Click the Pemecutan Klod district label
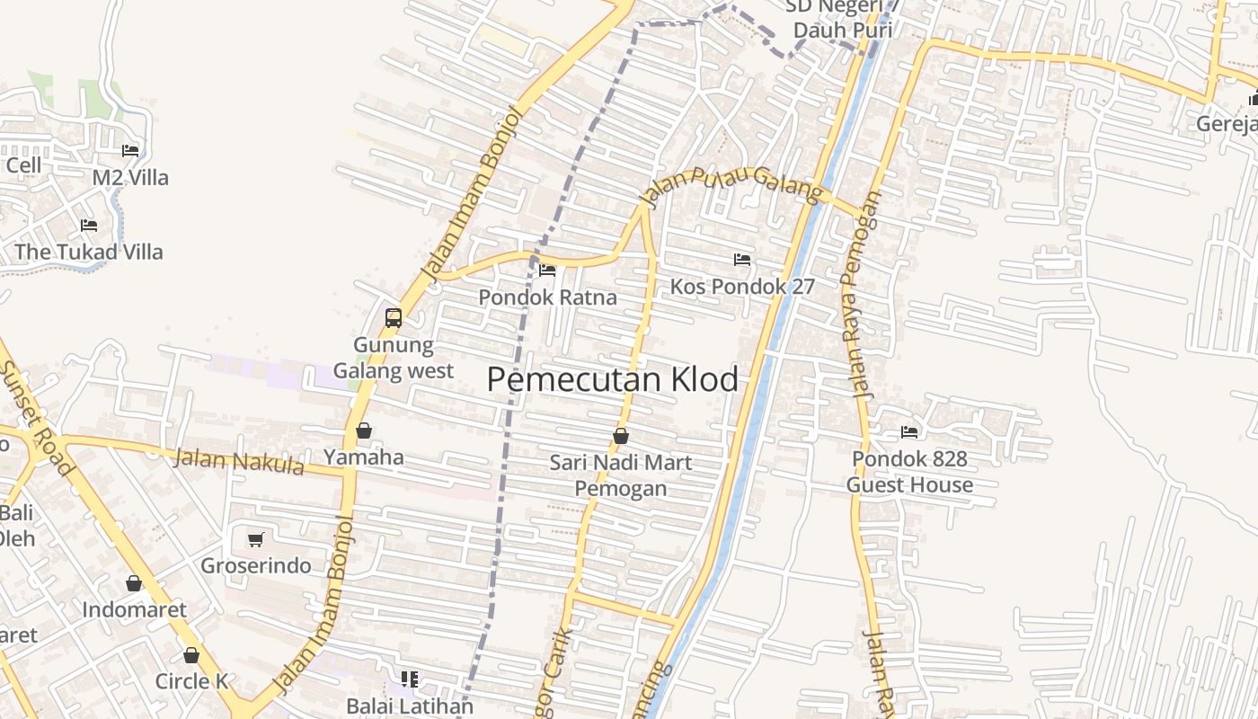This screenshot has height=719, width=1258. point(612,379)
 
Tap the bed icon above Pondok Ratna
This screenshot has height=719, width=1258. point(546,271)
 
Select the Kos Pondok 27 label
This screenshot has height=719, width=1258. point(742,287)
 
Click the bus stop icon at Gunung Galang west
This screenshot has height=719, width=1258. point(394,317)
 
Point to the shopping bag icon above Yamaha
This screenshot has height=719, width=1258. point(364,431)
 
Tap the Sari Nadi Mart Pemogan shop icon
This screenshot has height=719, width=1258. point(620,436)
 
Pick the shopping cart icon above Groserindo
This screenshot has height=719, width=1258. point(255,539)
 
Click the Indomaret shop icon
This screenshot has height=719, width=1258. point(134,583)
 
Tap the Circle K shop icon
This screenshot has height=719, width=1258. point(191,655)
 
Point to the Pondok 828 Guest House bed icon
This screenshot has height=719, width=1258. point(909,432)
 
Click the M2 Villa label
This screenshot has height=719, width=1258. point(130,178)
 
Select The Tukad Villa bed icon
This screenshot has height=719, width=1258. point(88,225)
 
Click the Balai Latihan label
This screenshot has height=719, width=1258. point(410,706)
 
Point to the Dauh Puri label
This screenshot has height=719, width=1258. point(842,30)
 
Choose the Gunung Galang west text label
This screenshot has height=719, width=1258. point(394,358)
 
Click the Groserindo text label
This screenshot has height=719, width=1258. point(256,565)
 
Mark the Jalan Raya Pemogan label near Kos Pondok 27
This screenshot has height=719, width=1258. point(861,297)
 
